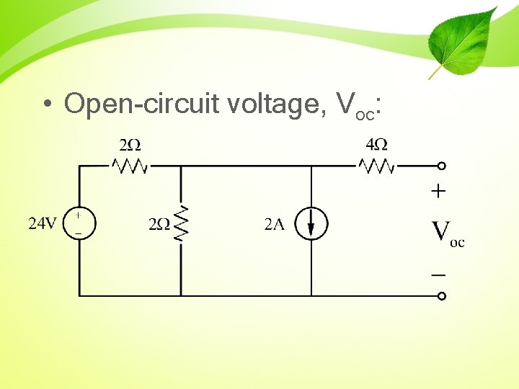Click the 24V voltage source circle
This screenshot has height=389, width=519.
(x=79, y=223)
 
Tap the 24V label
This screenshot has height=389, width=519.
(x=42, y=223)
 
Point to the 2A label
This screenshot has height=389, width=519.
(x=274, y=225)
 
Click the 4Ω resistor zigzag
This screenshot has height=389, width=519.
(x=376, y=166)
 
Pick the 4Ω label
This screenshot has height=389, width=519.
(x=376, y=144)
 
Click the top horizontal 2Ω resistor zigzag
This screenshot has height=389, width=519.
(x=130, y=166)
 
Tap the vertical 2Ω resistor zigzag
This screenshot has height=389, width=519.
(x=181, y=223)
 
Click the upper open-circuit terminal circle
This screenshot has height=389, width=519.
(x=442, y=166)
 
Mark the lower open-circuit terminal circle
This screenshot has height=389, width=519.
(x=442, y=295)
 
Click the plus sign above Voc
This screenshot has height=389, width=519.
(x=438, y=192)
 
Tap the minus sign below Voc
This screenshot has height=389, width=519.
(x=438, y=274)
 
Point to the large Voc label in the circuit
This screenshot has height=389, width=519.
(x=447, y=233)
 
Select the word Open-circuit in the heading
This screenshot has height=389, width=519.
(x=142, y=104)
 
